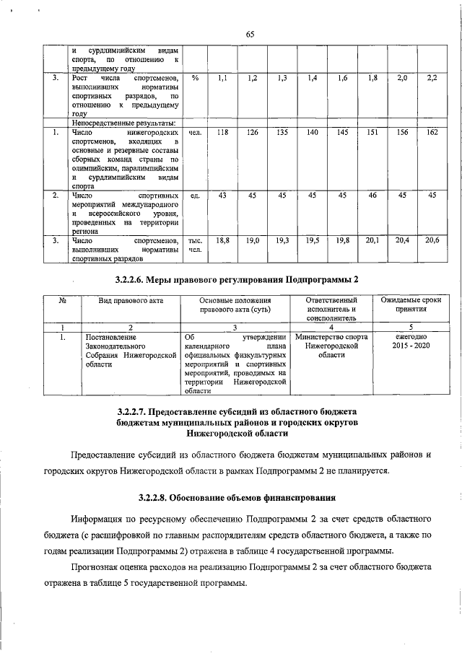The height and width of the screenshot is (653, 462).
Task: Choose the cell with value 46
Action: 372,195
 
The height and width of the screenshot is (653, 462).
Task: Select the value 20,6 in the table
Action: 432,240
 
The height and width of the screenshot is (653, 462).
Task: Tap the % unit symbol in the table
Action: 195,77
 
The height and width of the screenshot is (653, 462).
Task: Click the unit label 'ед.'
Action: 195,196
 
